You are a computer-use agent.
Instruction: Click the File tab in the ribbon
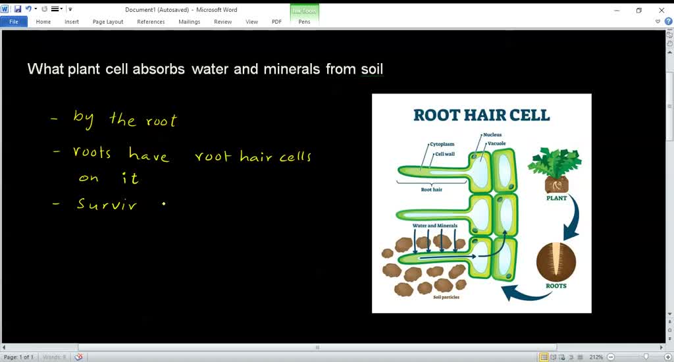click(x=13, y=22)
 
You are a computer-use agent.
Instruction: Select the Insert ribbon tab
click(x=72, y=22)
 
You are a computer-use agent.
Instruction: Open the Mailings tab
click(x=189, y=22)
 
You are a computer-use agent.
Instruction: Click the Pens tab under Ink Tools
click(x=304, y=22)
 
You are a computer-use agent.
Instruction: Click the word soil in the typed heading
click(x=372, y=69)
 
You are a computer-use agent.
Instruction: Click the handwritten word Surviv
click(x=107, y=204)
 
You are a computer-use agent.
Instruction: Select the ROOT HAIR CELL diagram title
click(x=481, y=115)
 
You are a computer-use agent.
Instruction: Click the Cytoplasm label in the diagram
click(x=442, y=143)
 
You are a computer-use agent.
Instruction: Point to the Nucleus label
click(x=492, y=135)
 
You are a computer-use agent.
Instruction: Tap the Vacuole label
click(x=496, y=143)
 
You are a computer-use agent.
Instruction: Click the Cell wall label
click(x=445, y=154)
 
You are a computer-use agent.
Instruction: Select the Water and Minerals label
click(x=434, y=226)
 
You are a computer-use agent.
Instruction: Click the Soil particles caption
click(x=446, y=297)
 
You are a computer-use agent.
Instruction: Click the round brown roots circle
click(x=556, y=262)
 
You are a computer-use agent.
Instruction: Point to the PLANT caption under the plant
click(x=556, y=197)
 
